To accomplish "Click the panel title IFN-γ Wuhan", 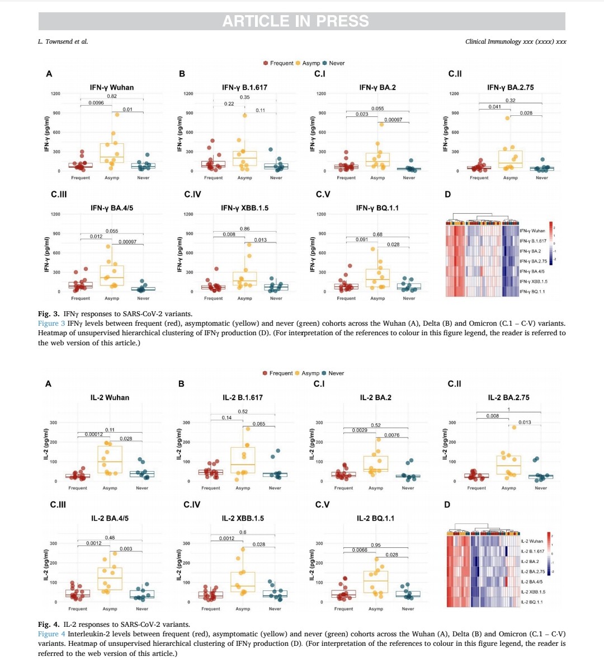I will click(112, 87).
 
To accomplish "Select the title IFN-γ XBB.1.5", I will click(244, 208).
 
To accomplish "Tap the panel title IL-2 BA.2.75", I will click(508, 397).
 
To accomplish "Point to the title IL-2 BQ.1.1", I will click(375, 518).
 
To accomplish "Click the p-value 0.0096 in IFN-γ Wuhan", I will click(96, 103).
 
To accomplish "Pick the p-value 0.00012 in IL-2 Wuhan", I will click(94, 434).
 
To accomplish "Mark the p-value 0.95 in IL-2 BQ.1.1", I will click(376, 545).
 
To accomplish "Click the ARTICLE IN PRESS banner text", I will click(295, 21).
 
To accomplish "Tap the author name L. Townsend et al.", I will click(63, 41).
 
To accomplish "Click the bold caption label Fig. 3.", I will click(49, 314).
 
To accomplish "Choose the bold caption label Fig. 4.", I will click(49, 624).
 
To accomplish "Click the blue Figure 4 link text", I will click(51, 634).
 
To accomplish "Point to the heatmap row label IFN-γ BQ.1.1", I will click(532, 292).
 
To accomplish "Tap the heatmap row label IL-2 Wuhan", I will click(531, 541).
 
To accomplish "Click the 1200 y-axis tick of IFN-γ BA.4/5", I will click(55, 214).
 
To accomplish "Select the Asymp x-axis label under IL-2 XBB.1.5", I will click(243, 609).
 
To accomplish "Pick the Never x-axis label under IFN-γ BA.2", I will click(409, 178).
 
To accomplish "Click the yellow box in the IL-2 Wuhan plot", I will click(110, 459).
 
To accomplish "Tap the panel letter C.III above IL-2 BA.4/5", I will click(58, 505).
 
